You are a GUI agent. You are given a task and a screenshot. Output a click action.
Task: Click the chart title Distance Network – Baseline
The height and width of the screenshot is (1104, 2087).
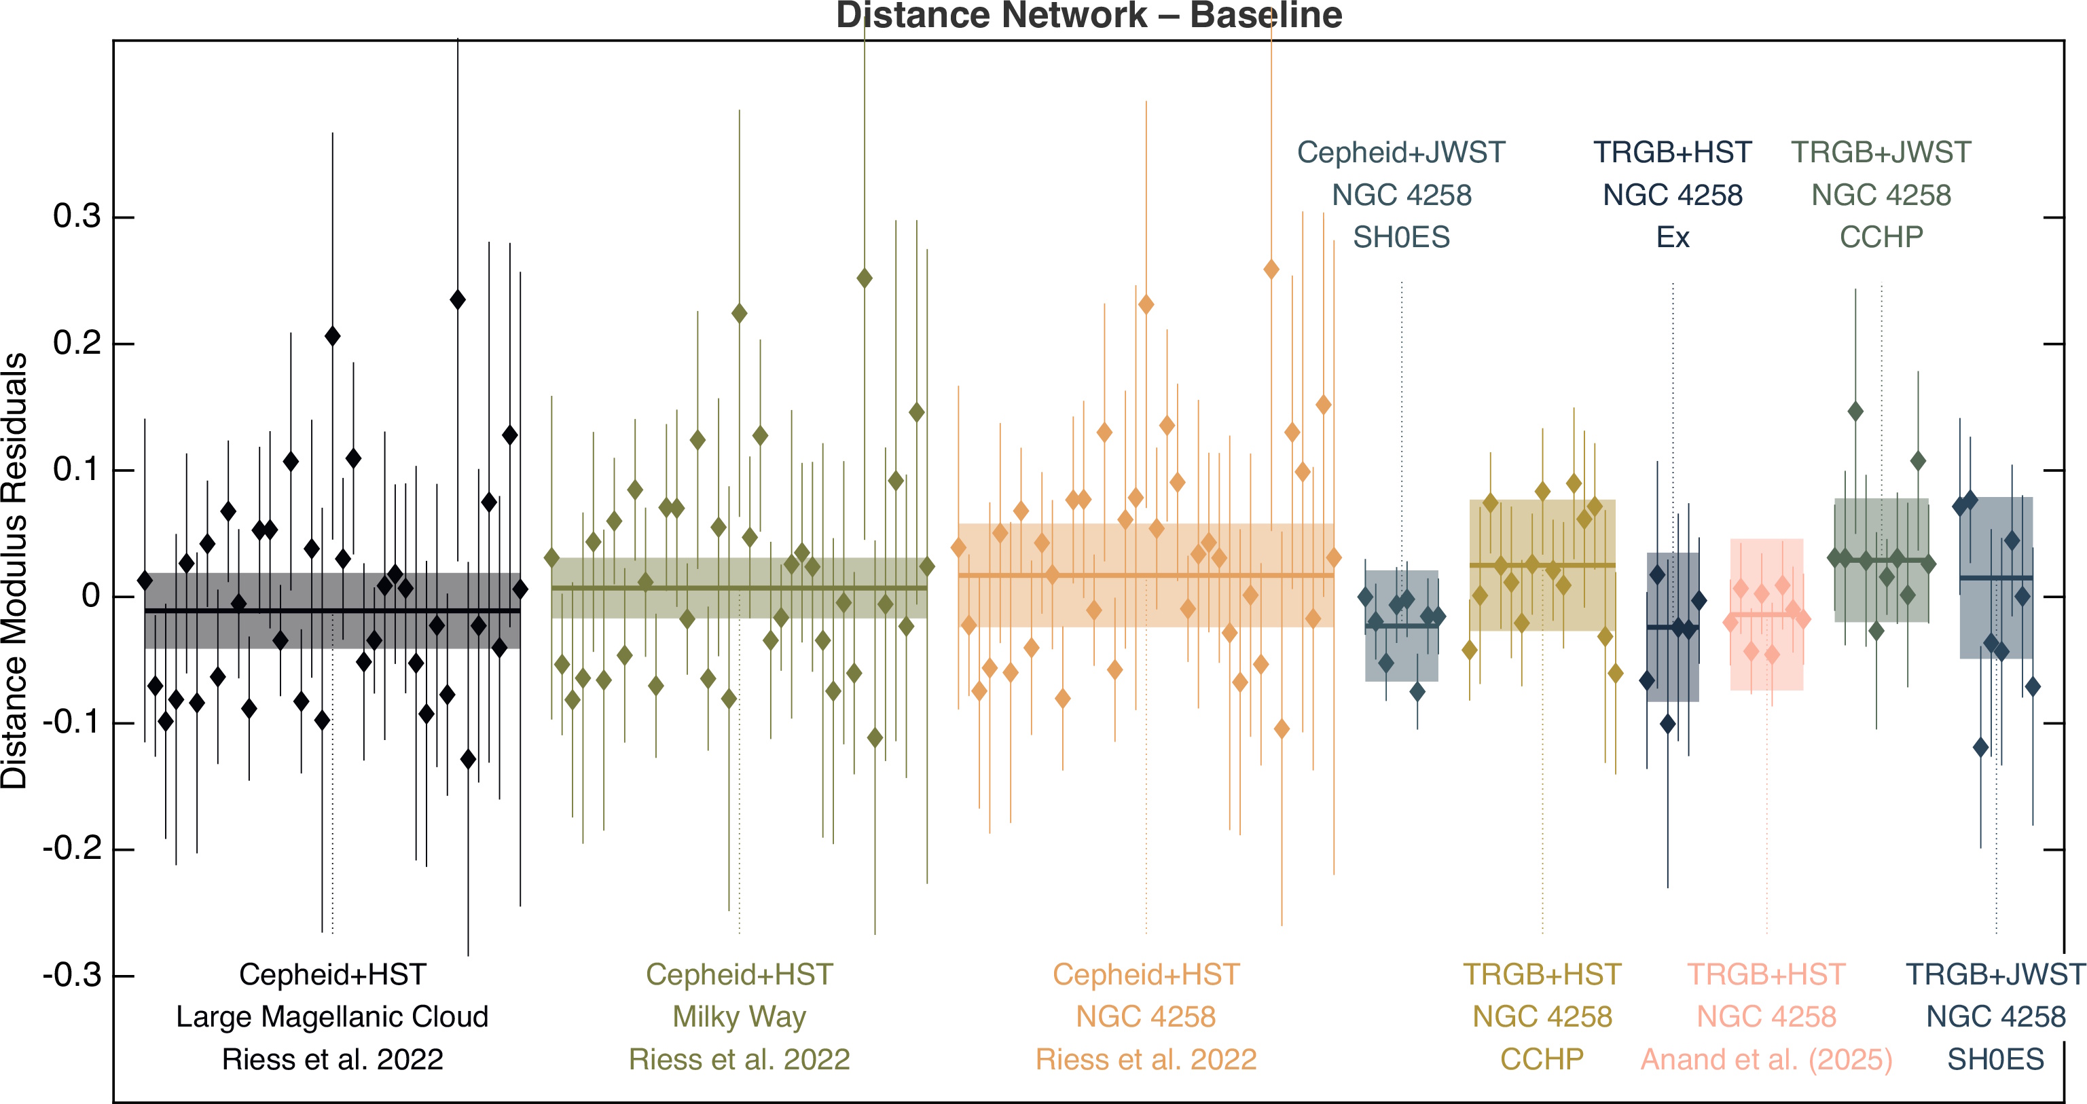coord(1089,16)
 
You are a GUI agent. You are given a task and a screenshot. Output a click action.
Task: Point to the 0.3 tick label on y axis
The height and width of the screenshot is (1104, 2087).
coord(77,217)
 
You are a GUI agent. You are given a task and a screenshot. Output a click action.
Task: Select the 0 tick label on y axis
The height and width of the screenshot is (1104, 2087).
coord(91,596)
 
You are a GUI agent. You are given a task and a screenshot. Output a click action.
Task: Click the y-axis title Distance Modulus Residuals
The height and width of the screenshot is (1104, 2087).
coord(14,571)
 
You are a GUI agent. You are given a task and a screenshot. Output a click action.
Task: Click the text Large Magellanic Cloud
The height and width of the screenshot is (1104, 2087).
coord(332,1016)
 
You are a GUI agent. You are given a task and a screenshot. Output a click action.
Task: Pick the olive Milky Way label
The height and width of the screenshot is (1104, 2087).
coord(739,1016)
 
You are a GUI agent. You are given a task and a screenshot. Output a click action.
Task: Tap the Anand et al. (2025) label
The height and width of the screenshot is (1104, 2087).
coord(1766,1059)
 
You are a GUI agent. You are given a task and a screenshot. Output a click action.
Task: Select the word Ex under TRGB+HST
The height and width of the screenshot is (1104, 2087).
coord(1672,238)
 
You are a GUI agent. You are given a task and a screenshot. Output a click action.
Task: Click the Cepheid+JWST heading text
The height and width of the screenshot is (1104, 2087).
coord(1401,152)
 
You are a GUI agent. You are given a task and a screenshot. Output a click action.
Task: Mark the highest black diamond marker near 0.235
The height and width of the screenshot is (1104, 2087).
coord(458,299)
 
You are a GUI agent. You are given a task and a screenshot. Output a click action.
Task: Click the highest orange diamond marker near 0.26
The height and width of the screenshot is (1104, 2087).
coord(1271,269)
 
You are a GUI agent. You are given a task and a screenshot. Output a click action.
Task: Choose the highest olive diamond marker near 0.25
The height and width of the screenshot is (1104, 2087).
coord(865,278)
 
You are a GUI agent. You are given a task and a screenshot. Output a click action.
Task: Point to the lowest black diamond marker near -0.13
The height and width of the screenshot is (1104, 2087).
coord(469,759)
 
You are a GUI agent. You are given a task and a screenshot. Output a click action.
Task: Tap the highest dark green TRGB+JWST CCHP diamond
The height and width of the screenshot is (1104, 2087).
coord(1855,411)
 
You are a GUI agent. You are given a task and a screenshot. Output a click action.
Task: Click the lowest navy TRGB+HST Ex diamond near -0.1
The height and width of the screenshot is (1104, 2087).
coord(1667,723)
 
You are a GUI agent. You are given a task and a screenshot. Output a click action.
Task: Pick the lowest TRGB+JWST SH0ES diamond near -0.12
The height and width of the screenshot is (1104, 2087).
coord(1981,747)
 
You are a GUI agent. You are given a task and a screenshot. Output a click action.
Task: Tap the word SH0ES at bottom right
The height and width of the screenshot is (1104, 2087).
coord(1995,1059)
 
